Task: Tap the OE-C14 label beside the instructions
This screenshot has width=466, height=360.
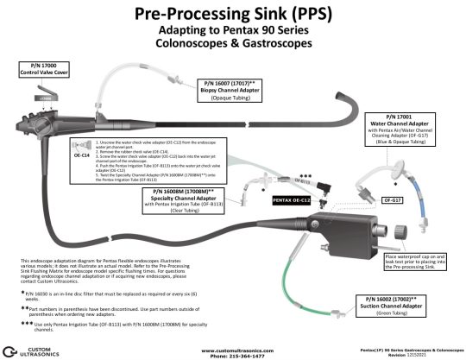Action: tap(82, 156)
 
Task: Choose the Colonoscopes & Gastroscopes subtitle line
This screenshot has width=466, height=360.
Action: tap(233, 42)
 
